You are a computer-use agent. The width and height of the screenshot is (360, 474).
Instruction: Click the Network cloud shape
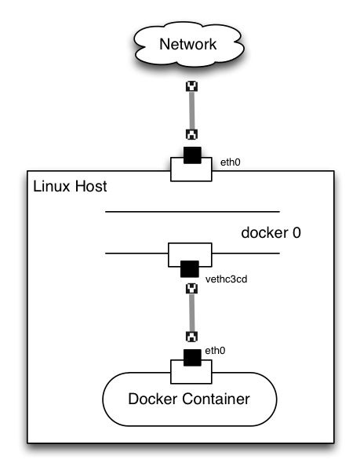(x=187, y=45)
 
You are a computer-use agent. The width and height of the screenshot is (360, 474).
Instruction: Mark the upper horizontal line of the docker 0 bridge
(x=192, y=212)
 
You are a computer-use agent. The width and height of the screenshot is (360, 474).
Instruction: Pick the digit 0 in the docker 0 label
(x=296, y=233)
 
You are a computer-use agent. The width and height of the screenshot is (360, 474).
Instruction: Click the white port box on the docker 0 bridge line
(x=189, y=256)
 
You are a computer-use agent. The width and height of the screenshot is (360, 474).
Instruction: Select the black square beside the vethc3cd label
(x=189, y=270)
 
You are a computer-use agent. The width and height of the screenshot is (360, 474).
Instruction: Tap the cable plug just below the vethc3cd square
(x=189, y=288)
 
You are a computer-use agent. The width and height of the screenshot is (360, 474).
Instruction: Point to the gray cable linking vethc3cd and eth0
(x=189, y=312)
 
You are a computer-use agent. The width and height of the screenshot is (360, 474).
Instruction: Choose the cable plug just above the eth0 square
(x=189, y=337)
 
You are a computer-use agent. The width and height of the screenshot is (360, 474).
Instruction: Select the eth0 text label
(x=215, y=352)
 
